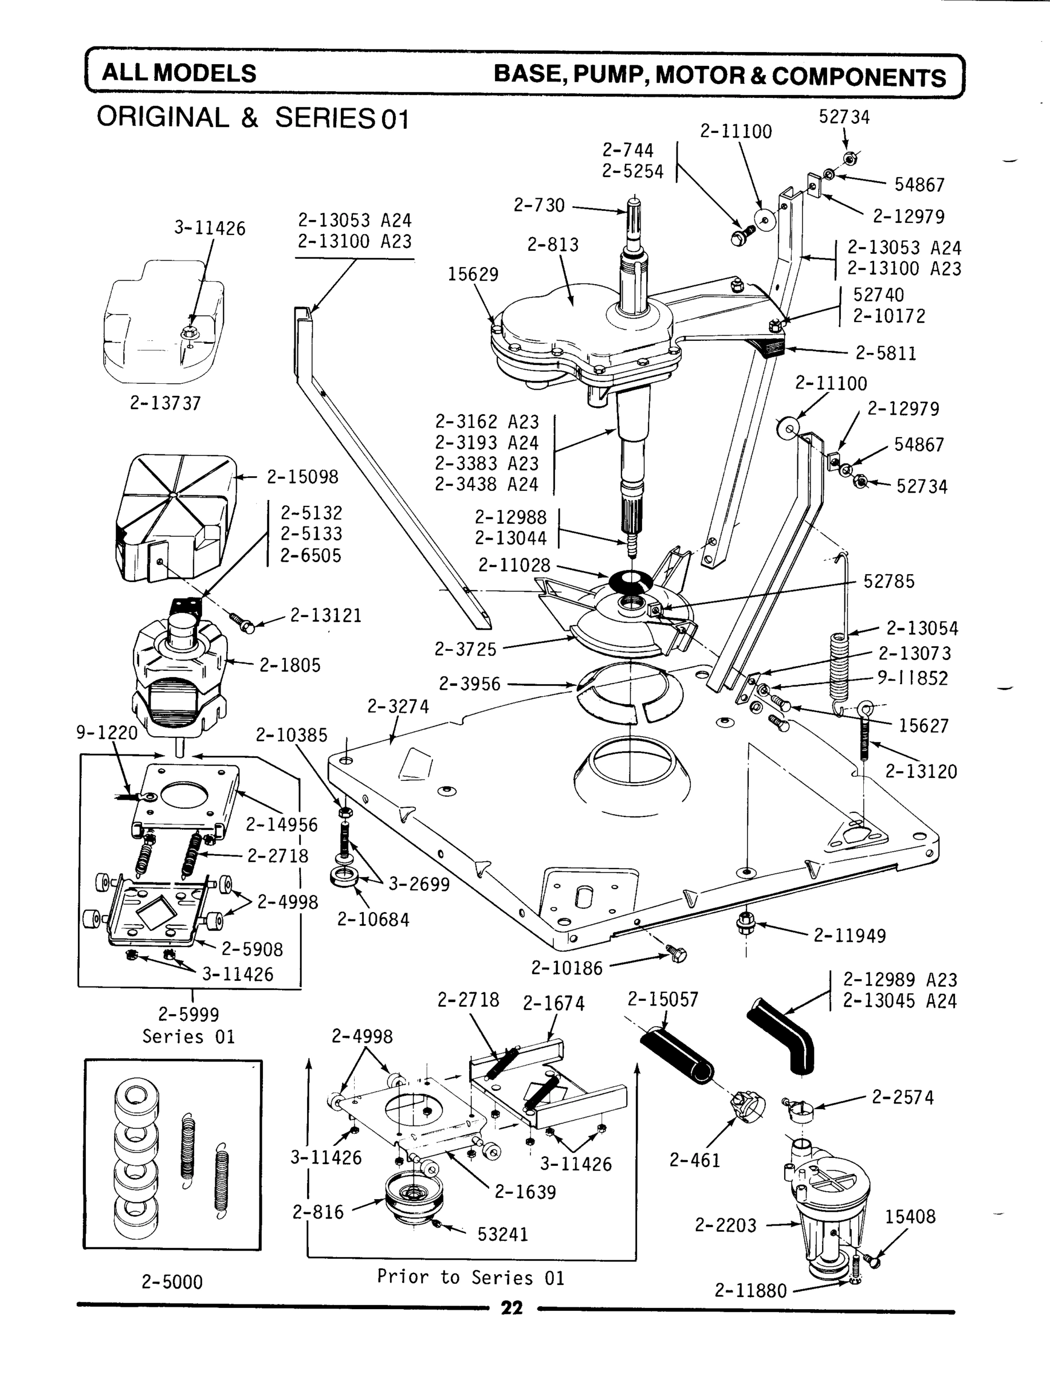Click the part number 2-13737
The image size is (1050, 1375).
point(165,403)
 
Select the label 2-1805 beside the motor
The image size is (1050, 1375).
point(290,665)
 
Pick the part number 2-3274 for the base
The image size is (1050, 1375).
point(398,706)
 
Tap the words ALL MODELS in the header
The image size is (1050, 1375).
point(179,74)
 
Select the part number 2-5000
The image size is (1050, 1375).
point(172,1283)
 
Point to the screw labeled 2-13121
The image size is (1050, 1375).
point(242,621)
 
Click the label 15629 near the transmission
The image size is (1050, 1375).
point(473,274)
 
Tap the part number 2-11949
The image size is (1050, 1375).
point(850,936)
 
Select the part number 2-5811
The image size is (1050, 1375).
point(886,353)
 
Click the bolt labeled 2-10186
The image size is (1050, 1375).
point(677,954)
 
